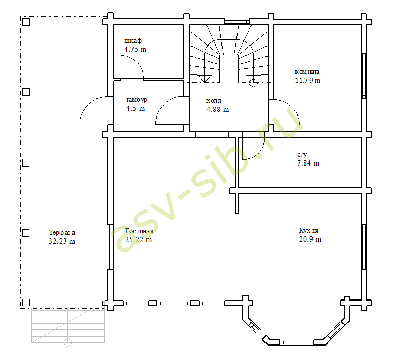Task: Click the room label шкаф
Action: pos(133,41)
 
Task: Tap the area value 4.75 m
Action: pos(135,49)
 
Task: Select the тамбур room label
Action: pos(137,100)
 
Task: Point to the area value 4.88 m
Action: pos(217,109)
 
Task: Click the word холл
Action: pos(214,101)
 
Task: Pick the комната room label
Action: pos(307,72)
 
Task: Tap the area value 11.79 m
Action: pos(307,80)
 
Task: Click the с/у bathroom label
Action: pos(302,155)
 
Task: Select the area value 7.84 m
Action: pos(308,163)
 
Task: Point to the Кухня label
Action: pos(308,230)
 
